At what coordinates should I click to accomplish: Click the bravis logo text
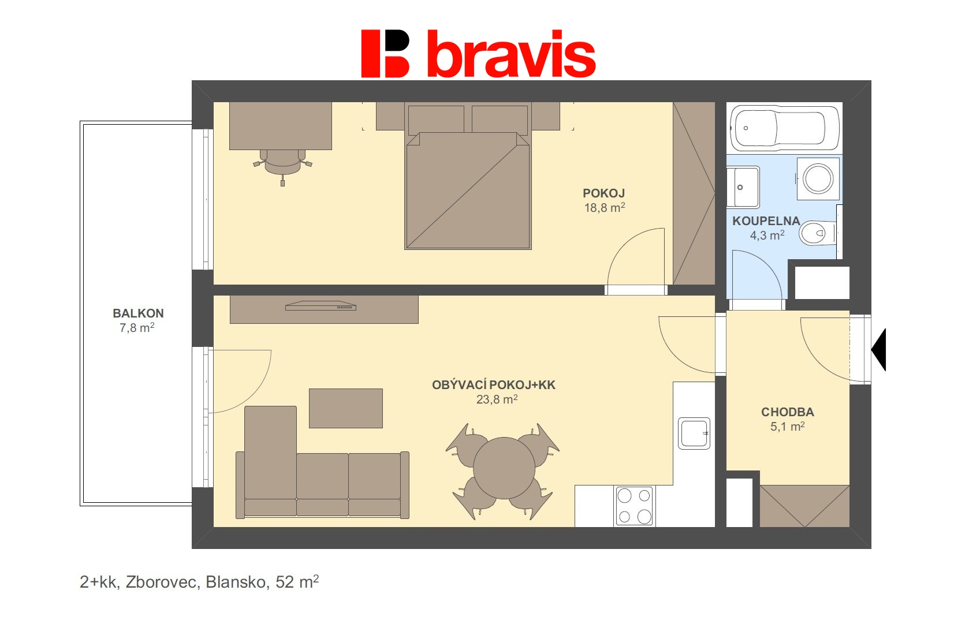(x=512, y=54)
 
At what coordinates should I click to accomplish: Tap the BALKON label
(x=138, y=313)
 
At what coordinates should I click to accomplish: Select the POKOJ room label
(x=604, y=193)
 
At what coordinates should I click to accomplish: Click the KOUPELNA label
(x=766, y=221)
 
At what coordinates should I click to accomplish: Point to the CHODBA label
(x=787, y=412)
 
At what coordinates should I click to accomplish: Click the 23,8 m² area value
(x=497, y=399)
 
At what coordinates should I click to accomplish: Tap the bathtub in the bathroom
(x=785, y=128)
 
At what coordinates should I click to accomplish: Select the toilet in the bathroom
(x=818, y=233)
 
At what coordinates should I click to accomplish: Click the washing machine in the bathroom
(x=818, y=179)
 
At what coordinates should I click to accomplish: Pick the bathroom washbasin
(x=743, y=187)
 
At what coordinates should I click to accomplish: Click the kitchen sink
(x=694, y=434)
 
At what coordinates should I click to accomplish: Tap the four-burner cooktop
(x=634, y=506)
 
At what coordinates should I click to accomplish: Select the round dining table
(x=504, y=468)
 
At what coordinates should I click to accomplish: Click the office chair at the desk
(x=282, y=165)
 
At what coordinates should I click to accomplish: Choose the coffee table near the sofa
(x=345, y=408)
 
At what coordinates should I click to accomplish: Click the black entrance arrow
(x=878, y=350)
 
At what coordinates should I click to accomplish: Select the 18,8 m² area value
(x=605, y=208)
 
